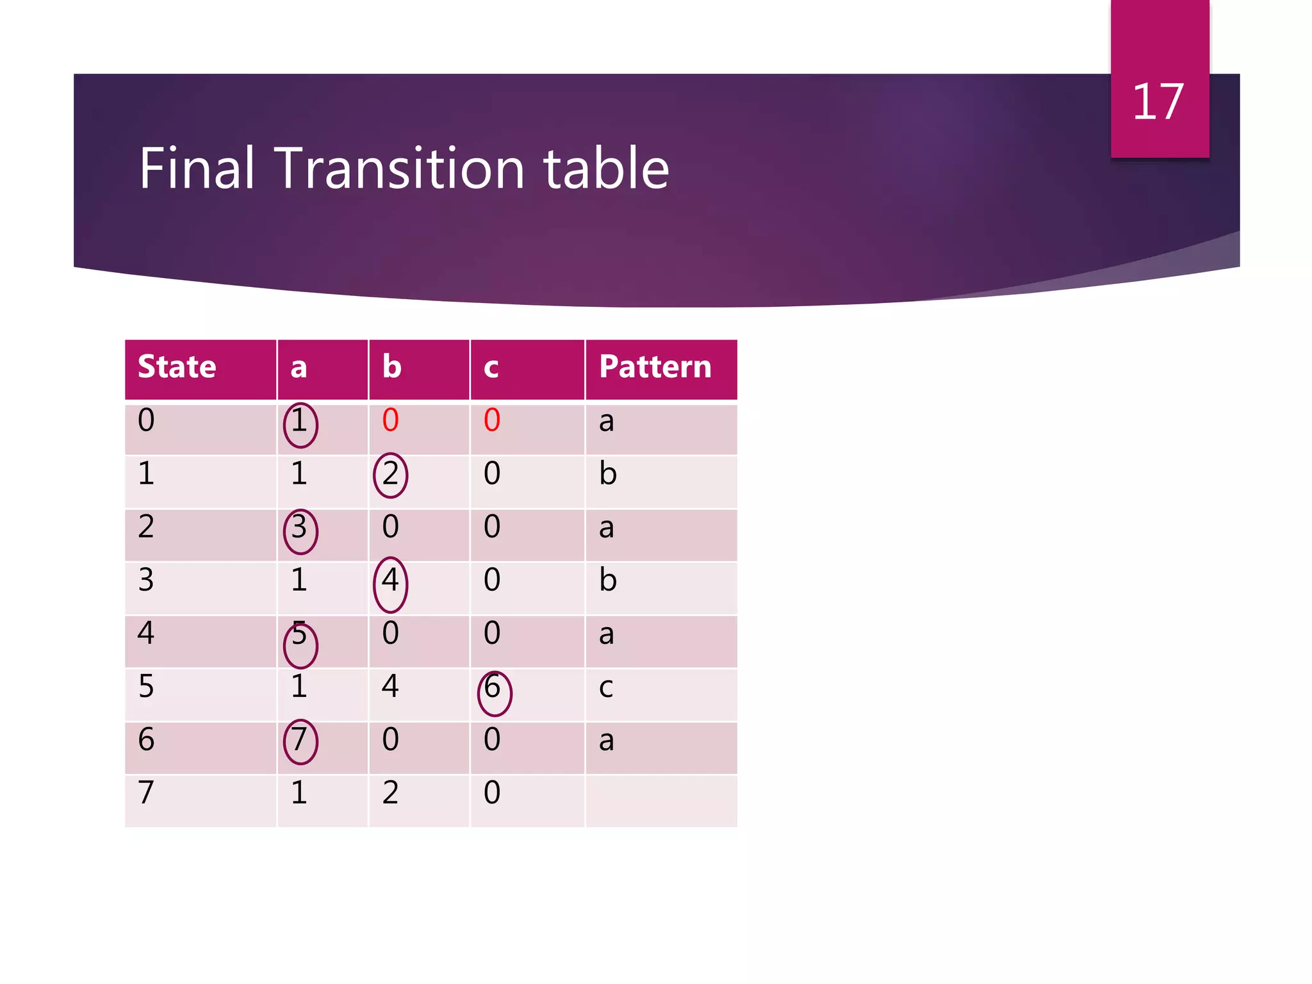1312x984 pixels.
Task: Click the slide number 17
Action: click(x=1158, y=102)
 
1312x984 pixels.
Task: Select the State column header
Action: click(x=177, y=367)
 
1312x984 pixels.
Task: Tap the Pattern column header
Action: click(x=655, y=367)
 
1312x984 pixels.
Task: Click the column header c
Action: click(x=491, y=368)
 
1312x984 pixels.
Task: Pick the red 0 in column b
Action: click(x=390, y=421)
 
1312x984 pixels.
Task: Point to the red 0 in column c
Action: click(x=491, y=421)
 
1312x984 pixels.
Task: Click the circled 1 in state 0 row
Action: click(x=299, y=423)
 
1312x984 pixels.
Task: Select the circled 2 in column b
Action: click(x=390, y=475)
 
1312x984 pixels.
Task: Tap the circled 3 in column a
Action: click(x=299, y=529)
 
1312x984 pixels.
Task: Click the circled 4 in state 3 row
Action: click(x=390, y=581)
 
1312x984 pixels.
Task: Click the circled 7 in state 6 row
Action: click(x=299, y=741)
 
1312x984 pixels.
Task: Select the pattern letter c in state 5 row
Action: click(x=605, y=688)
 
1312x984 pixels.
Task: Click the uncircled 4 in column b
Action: click(x=390, y=687)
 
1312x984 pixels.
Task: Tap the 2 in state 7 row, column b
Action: click(x=390, y=793)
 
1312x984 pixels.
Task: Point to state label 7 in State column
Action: click(x=146, y=793)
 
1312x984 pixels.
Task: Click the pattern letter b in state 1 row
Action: click(x=607, y=474)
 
